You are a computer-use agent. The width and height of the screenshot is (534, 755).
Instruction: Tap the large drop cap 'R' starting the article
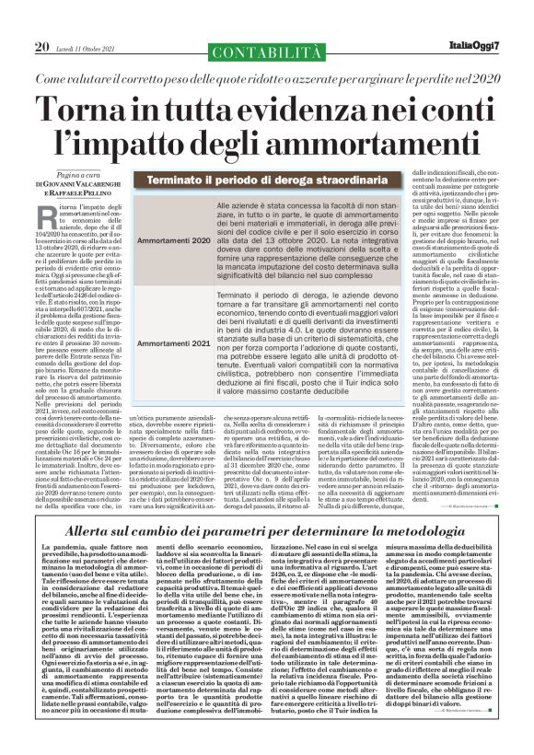pos(75,217)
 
